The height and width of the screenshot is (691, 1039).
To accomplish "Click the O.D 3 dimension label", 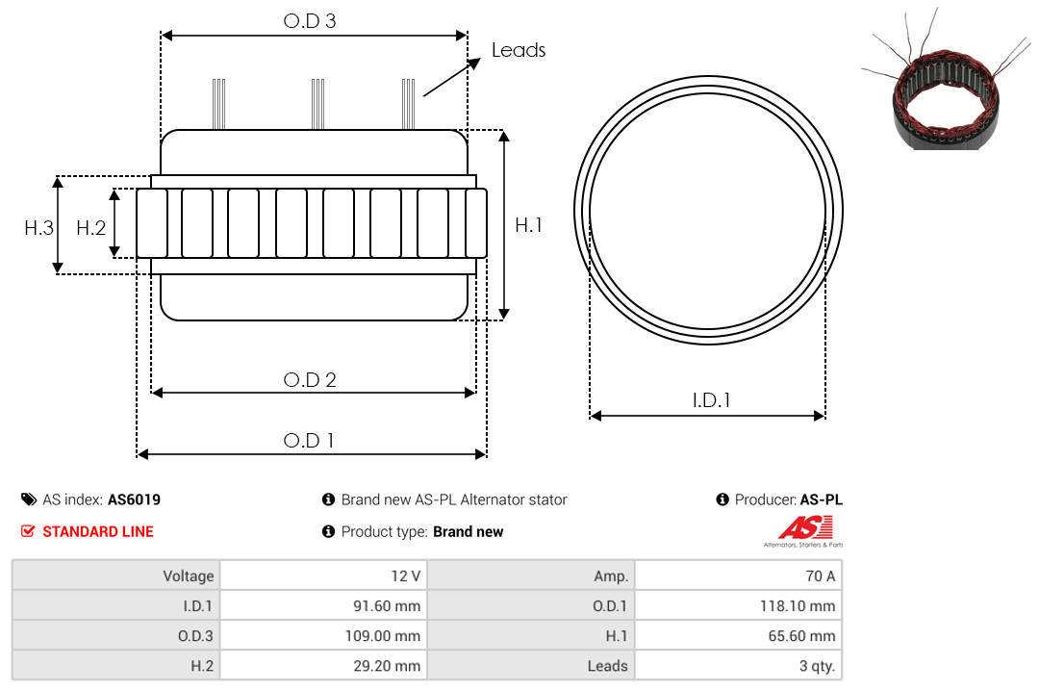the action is point(310,21).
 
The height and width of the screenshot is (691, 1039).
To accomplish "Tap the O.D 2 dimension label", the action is point(310,380).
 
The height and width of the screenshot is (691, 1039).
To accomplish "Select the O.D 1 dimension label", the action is point(309,441).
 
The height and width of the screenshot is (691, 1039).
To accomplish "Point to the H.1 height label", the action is point(529,225).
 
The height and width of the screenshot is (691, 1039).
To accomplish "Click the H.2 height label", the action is point(90,228).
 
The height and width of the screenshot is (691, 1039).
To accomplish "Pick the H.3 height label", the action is point(38,228).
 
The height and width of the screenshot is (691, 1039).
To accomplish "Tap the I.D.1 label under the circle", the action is point(711,400).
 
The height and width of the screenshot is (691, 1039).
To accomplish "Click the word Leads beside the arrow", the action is point(519,50).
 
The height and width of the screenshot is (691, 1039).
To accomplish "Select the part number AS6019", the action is point(134,499).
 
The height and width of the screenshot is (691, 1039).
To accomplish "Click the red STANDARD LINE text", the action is point(98,532).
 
